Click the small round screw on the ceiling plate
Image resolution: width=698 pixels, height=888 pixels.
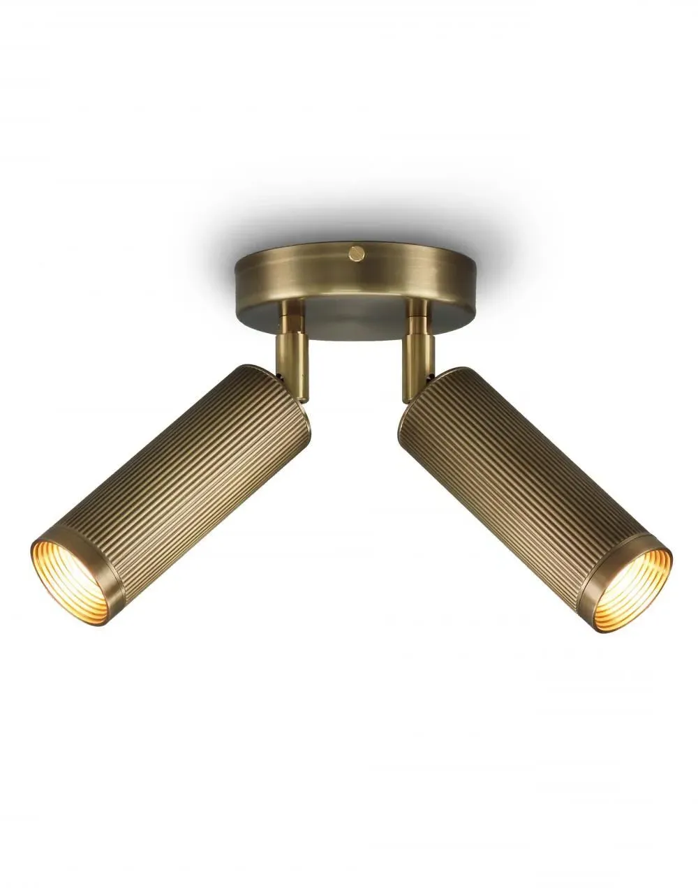tap(357, 251)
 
